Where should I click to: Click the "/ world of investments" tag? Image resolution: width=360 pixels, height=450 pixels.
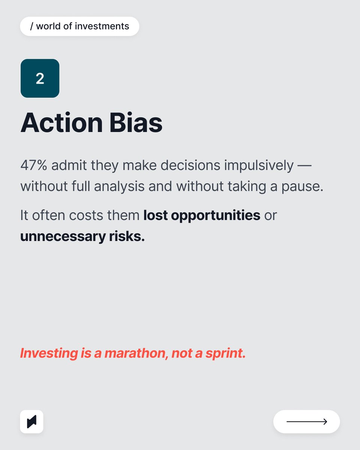(79, 26)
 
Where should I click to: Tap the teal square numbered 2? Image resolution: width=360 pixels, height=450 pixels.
(40, 78)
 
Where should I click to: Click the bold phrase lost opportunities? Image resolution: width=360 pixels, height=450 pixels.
(202, 215)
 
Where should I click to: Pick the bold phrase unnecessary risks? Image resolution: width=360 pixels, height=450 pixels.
(82, 237)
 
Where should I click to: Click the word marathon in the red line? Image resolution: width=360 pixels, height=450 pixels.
(136, 353)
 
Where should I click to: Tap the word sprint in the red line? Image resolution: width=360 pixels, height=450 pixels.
(225, 353)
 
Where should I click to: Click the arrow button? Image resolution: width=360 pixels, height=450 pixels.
(306, 422)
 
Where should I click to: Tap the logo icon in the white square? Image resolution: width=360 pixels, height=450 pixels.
(31, 422)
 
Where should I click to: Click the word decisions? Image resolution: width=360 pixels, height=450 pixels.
(190, 165)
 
